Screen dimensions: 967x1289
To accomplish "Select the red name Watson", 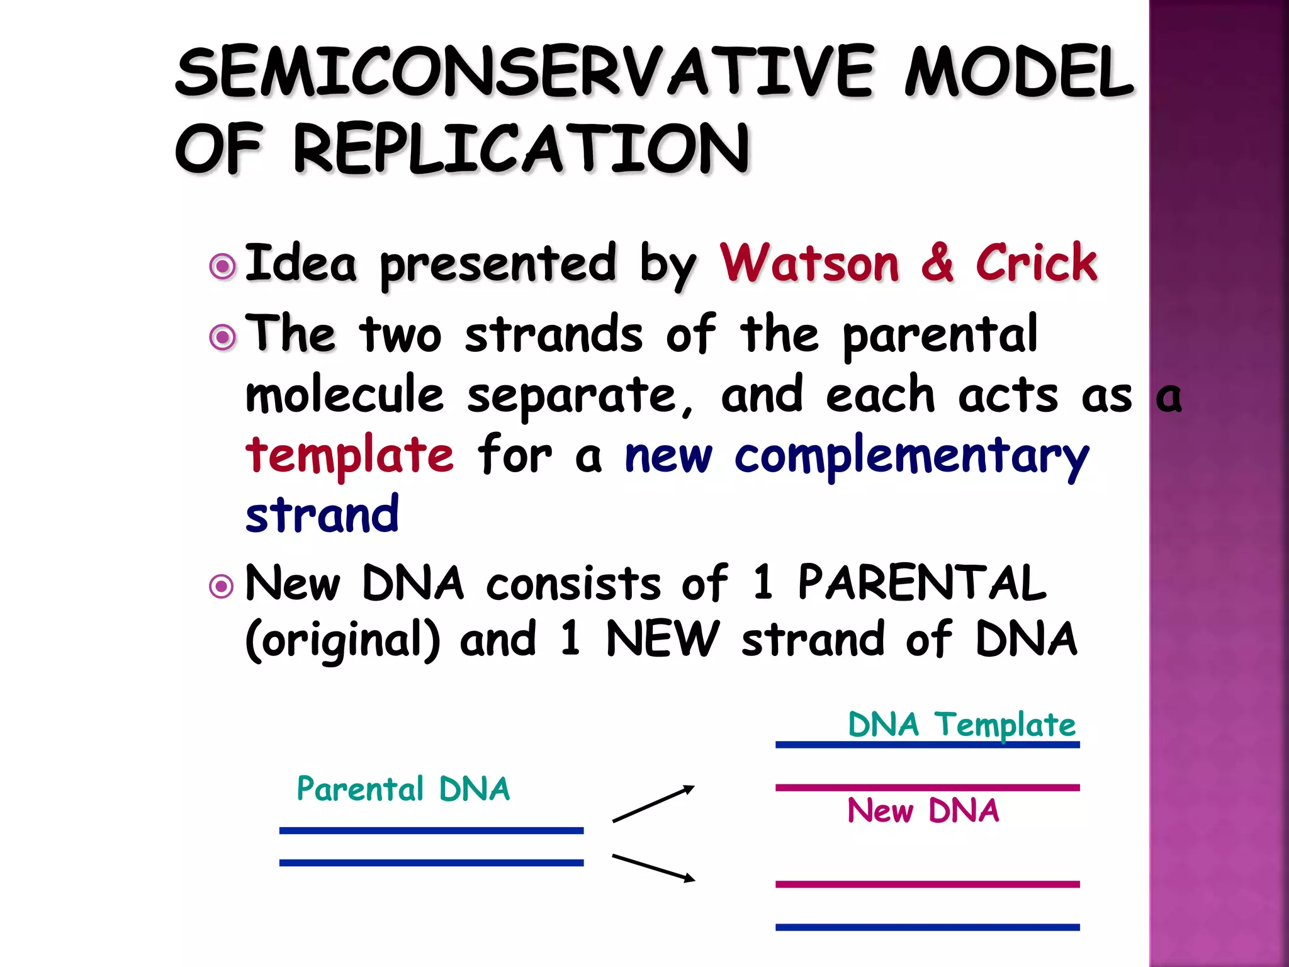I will click(x=809, y=263).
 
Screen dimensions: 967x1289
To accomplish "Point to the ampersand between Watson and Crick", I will click(x=937, y=263).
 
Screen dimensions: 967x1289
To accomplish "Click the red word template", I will click(x=349, y=455).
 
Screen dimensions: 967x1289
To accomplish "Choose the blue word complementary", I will click(x=911, y=457).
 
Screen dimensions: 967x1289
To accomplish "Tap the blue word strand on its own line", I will click(x=322, y=515).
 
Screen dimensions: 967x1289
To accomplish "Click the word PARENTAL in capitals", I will click(x=922, y=582).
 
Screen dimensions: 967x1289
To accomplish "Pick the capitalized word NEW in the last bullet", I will click(x=661, y=639).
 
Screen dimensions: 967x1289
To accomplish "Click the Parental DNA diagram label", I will click(x=403, y=789).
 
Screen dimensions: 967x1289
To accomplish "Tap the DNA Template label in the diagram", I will click(x=961, y=725).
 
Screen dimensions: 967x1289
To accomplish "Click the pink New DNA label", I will click(x=923, y=810).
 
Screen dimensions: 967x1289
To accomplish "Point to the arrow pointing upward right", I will click(x=653, y=804).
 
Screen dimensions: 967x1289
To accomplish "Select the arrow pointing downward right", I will click(x=653, y=868).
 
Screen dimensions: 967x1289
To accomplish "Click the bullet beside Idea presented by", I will click(x=222, y=266).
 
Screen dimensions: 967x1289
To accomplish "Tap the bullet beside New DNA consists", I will click(x=221, y=587).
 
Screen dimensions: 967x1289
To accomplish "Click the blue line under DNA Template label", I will click(x=927, y=745).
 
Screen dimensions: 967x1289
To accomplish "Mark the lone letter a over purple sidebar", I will click(x=1169, y=398).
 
